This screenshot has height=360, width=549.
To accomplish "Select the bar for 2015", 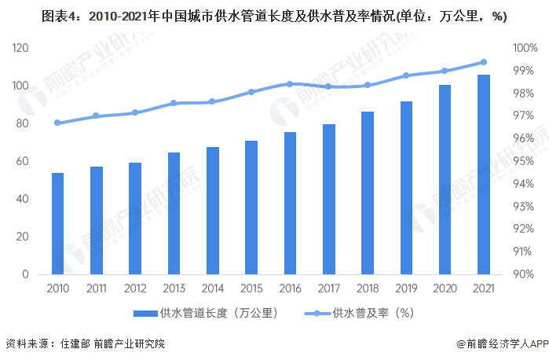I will pos(251,208).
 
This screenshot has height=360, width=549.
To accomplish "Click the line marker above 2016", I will pos(290,84).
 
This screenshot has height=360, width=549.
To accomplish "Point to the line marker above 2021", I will pos(484,62).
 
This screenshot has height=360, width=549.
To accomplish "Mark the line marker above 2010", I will pos(58,123).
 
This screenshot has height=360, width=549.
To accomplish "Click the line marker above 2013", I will pos(174,103).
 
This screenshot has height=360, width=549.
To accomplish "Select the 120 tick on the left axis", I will pos(19,48).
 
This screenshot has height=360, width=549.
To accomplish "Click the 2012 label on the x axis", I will pos(135,288).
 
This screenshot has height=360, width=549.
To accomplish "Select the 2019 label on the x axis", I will pos(406,288).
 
